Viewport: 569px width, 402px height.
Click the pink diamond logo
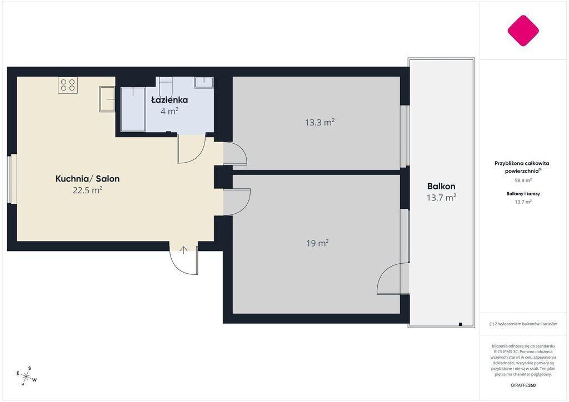coord(523,31)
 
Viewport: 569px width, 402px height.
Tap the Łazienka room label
coord(169,100)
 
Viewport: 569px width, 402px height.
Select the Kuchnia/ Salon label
coord(87,179)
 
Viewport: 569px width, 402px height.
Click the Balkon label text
coord(441,187)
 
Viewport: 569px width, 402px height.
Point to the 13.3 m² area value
coord(320,122)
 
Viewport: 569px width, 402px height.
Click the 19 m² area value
coord(317,243)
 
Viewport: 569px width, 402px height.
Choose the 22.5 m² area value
coord(87,190)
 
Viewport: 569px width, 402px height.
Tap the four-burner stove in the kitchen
coord(68,85)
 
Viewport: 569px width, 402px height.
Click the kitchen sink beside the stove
coord(107,99)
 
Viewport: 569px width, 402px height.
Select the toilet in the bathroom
coord(166,86)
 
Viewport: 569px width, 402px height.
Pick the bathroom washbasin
coord(204,82)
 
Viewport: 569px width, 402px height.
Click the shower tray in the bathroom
coord(133,109)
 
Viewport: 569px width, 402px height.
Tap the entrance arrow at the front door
coord(183,250)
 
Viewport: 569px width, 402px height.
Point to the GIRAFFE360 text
coord(523,385)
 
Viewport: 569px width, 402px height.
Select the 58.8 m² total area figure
coord(523,180)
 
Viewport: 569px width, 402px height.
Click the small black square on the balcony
coord(460,324)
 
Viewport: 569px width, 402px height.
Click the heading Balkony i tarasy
coord(523,194)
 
